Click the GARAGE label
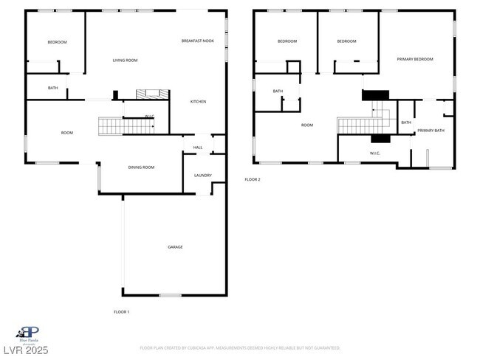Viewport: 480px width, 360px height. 175,247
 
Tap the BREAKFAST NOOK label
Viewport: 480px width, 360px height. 198,41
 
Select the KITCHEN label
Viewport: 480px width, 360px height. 198,102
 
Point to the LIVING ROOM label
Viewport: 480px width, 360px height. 125,60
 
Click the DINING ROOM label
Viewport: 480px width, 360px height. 141,167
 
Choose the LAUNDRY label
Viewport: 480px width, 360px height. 203,176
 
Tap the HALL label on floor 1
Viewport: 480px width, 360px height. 198,148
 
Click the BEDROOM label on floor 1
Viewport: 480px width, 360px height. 57,42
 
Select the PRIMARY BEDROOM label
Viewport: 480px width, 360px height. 414,59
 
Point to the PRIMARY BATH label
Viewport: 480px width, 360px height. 431,131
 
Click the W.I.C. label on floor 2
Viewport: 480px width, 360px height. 374,153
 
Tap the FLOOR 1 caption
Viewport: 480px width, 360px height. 121,312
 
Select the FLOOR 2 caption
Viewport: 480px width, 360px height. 253,179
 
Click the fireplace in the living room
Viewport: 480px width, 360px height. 151,94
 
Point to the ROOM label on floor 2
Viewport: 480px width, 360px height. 307,125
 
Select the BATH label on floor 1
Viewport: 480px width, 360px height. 53,89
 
